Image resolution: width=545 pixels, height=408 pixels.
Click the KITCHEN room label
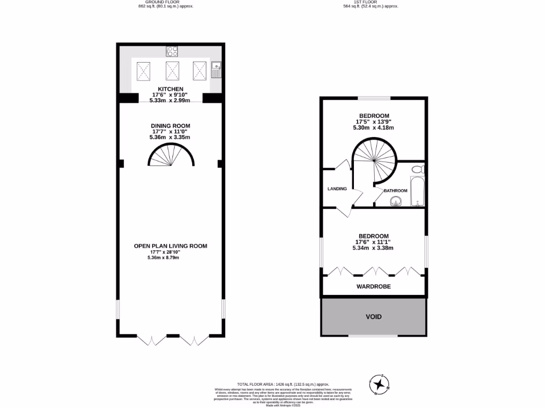point(170,89)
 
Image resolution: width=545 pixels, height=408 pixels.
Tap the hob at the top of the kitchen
point(172,52)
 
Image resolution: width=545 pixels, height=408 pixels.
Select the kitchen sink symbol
point(216,70)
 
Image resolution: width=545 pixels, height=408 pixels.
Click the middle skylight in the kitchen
point(171,71)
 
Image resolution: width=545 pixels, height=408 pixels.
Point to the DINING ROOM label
point(170,126)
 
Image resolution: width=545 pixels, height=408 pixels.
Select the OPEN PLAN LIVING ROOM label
point(170,246)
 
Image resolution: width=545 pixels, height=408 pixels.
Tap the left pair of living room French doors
point(152,341)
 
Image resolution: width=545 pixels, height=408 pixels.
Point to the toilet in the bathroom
point(418,169)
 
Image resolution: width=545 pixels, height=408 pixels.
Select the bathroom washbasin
point(395,200)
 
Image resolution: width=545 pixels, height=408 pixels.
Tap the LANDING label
point(337,189)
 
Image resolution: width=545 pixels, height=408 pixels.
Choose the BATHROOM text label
point(395,191)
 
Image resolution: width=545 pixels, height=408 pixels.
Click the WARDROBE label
point(373,286)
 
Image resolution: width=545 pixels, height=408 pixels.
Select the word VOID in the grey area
point(373,317)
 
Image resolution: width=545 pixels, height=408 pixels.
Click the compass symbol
point(379,384)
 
